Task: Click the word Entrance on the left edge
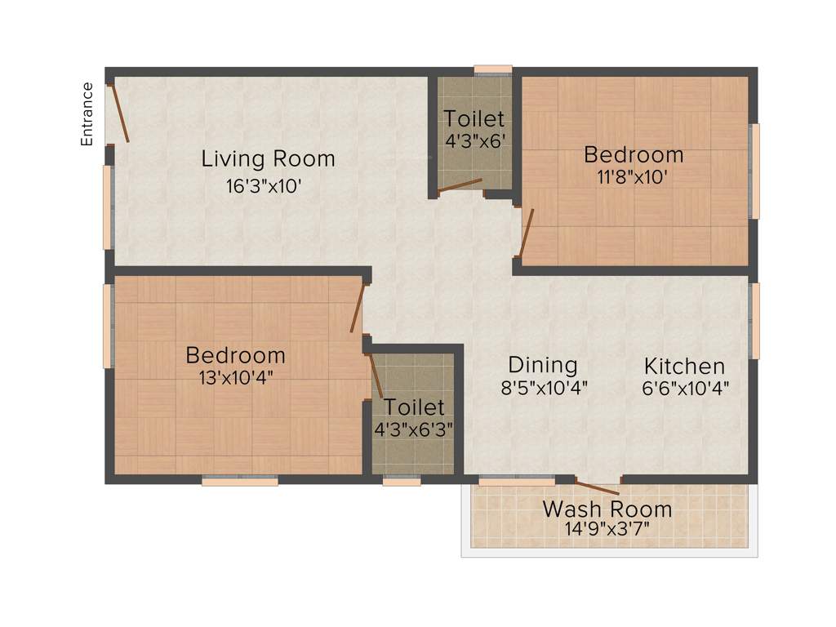click(x=87, y=114)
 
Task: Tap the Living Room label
click(x=268, y=158)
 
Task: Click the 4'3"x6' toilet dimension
click(x=474, y=140)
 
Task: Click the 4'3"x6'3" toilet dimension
click(x=414, y=427)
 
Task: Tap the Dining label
click(x=543, y=365)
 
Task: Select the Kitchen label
click(x=684, y=366)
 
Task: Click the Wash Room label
click(x=607, y=509)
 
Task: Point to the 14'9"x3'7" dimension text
click(x=607, y=529)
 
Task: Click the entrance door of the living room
click(x=119, y=112)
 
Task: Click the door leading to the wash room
click(x=598, y=488)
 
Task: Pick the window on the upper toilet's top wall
click(x=493, y=70)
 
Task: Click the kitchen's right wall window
click(x=755, y=321)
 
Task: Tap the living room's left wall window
click(x=107, y=207)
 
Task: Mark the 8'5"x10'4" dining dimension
click(x=544, y=387)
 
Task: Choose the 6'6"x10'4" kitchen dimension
click(x=685, y=387)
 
